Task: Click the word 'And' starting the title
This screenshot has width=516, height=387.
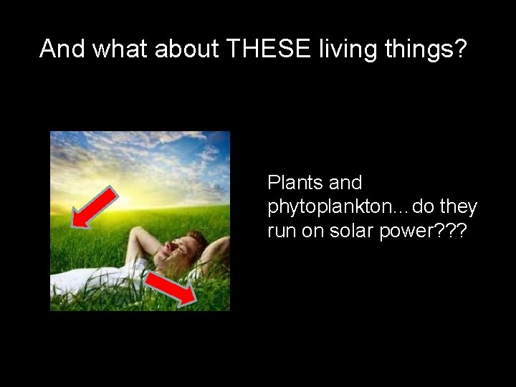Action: [62, 49]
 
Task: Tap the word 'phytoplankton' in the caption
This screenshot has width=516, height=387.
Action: [325, 208]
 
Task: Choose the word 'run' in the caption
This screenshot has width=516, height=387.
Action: [280, 231]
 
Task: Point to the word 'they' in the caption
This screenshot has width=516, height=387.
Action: [459, 207]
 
